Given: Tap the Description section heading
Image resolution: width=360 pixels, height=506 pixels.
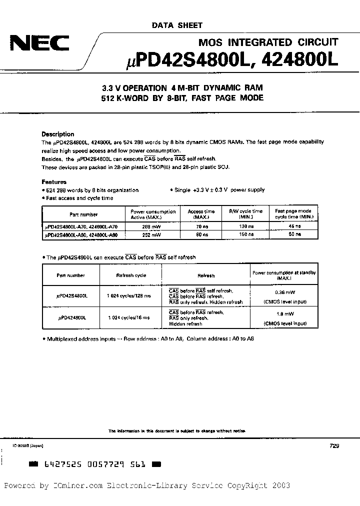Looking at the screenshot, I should [57, 134].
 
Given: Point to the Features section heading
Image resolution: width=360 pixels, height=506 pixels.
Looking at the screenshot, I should [53, 182].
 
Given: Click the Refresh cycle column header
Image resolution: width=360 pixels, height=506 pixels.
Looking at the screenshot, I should [131, 275].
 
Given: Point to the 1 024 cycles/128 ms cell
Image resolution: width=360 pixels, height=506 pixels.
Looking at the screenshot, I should [131, 295].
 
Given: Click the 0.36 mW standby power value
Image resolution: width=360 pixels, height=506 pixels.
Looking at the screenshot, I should [283, 292].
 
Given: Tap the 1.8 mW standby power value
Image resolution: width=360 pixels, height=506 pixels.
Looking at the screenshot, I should [283, 314].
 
